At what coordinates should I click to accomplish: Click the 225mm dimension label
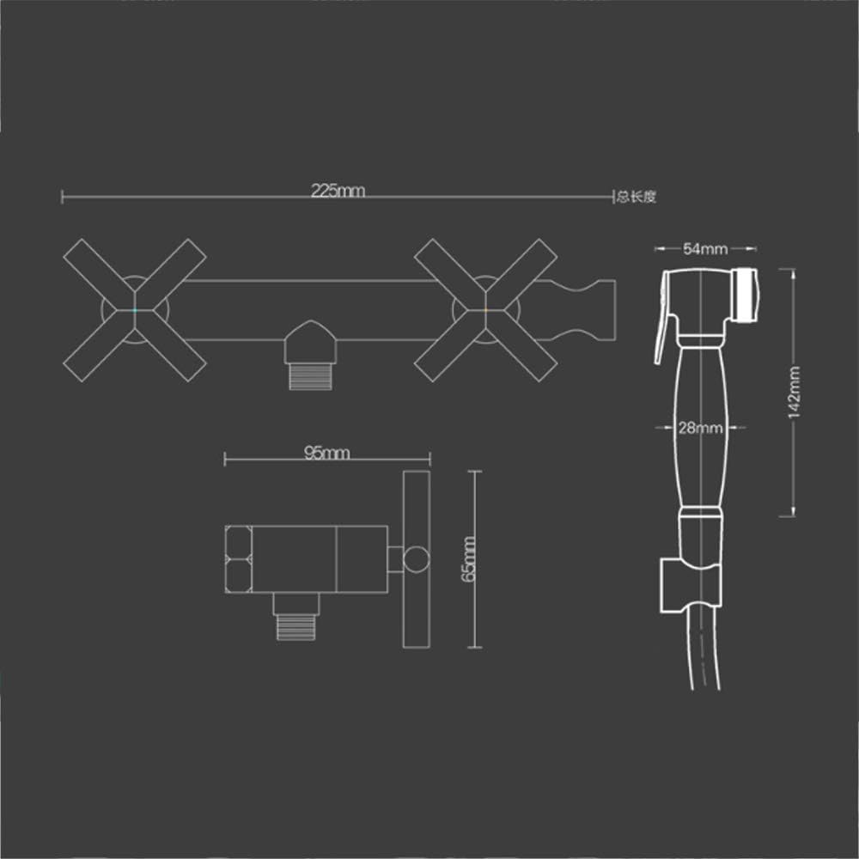[338, 191]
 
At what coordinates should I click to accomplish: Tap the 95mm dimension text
[326, 453]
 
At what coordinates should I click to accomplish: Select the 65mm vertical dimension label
[469, 559]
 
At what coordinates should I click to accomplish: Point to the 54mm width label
[705, 249]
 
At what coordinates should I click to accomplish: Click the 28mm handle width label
[700, 427]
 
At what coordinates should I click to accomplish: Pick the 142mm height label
[794, 393]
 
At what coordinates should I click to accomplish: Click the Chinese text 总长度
[636, 196]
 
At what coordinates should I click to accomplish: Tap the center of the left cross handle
[135, 310]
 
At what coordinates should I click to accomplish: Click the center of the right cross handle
[486, 310]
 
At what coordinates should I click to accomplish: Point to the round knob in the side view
[417, 559]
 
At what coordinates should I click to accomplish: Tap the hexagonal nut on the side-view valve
[238, 559]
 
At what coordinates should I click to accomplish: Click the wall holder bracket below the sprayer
[691, 586]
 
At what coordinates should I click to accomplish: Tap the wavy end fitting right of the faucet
[583, 310]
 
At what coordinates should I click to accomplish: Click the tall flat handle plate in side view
[417, 559]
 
